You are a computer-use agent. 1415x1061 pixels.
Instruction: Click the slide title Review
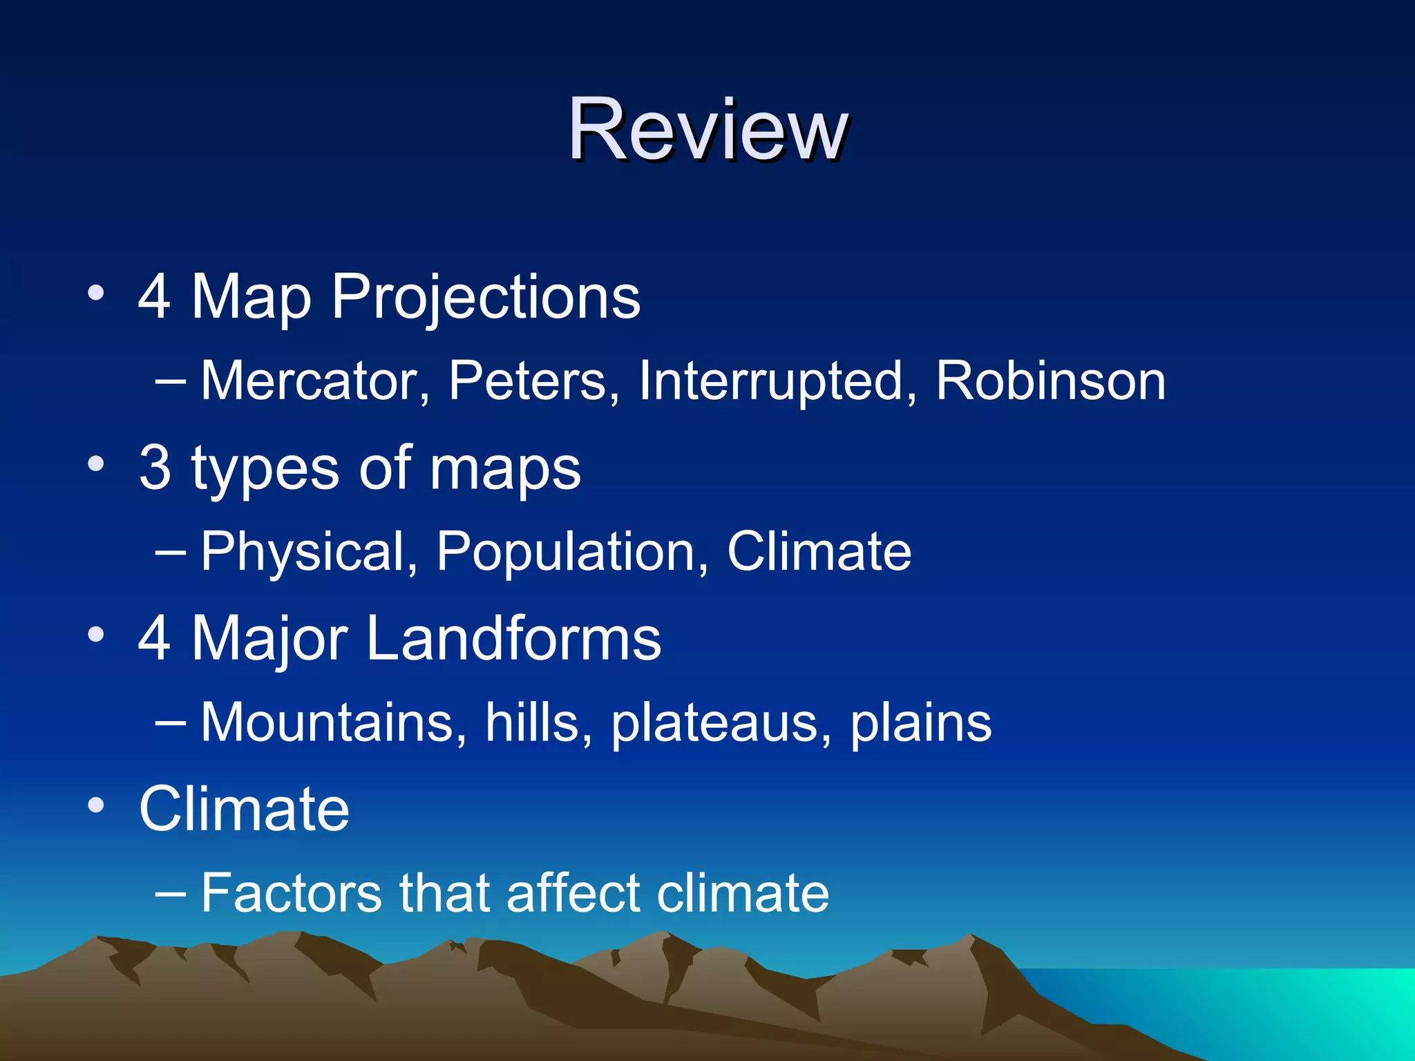point(707,130)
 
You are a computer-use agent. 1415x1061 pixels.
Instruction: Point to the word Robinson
point(1050,381)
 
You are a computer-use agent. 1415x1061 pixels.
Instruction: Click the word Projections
point(486,297)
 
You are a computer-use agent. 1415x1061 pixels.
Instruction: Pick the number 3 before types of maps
point(155,468)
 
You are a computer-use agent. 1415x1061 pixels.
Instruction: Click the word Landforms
point(513,638)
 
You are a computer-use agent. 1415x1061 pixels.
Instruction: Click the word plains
point(920,723)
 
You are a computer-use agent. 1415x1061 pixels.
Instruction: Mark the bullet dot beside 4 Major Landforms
point(96,634)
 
